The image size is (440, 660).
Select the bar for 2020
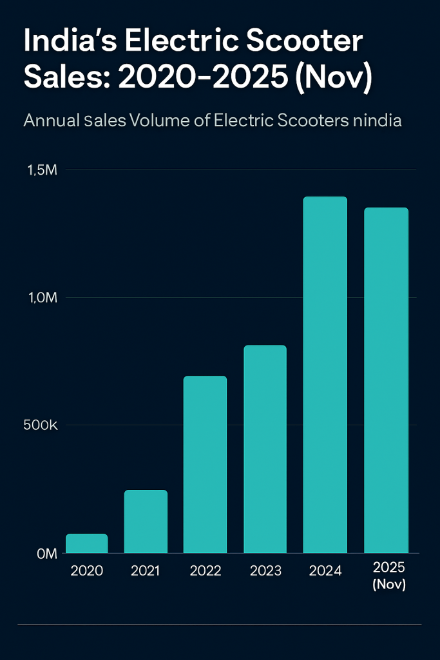(x=86, y=543)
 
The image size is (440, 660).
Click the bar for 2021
(x=146, y=521)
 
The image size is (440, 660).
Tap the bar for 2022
(x=205, y=464)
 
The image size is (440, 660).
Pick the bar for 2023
(x=265, y=449)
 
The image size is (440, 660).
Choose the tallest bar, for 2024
(x=325, y=374)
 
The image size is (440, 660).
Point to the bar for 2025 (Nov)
(x=386, y=380)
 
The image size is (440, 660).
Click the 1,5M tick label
(x=43, y=170)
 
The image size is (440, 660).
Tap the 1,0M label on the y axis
(x=43, y=298)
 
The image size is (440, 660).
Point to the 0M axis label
(x=46, y=554)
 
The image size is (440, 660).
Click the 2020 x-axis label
(x=86, y=571)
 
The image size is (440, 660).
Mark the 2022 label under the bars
(x=206, y=571)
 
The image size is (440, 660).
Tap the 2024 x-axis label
(x=325, y=571)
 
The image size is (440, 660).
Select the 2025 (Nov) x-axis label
(x=389, y=576)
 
